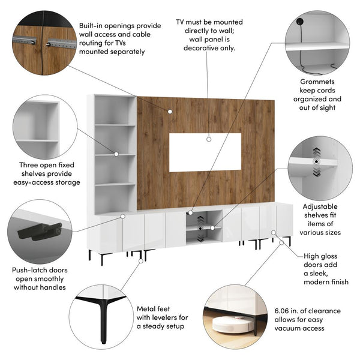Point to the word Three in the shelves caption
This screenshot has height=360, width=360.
[x=27, y=165]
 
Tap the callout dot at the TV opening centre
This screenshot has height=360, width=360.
[x=209, y=139]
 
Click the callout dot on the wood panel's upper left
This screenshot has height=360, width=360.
[x=170, y=111]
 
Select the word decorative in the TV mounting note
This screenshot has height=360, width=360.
[x=205, y=48]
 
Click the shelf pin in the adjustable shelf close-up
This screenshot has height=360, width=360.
[x=316, y=162]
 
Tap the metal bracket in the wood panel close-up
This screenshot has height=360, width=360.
[x=61, y=43]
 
